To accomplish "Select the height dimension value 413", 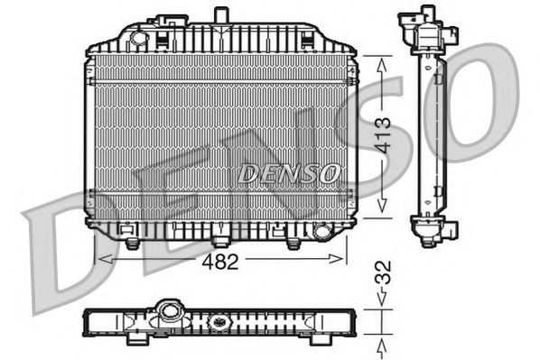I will [x=383, y=135].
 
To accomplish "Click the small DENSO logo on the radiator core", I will [x=290, y=172].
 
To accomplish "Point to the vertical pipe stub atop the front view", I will [x=219, y=15].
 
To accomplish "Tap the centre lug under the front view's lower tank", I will [x=220, y=241].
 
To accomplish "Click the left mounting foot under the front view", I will [x=133, y=243].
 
